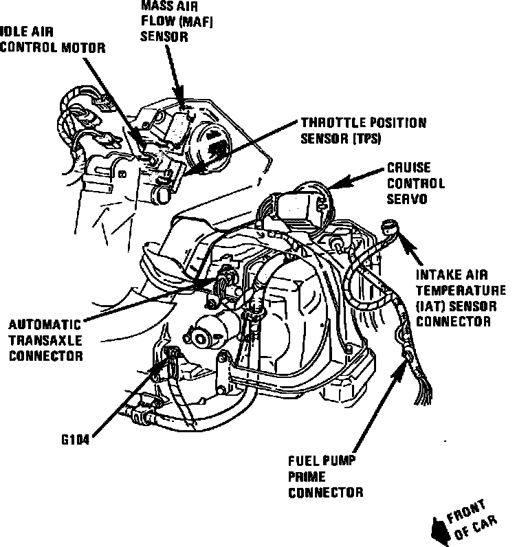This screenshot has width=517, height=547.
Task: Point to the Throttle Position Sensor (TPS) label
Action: point(363,131)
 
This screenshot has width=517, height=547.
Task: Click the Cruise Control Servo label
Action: point(415,183)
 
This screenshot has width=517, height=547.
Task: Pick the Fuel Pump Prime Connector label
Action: point(324,476)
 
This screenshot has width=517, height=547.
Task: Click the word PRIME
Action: point(306,476)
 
